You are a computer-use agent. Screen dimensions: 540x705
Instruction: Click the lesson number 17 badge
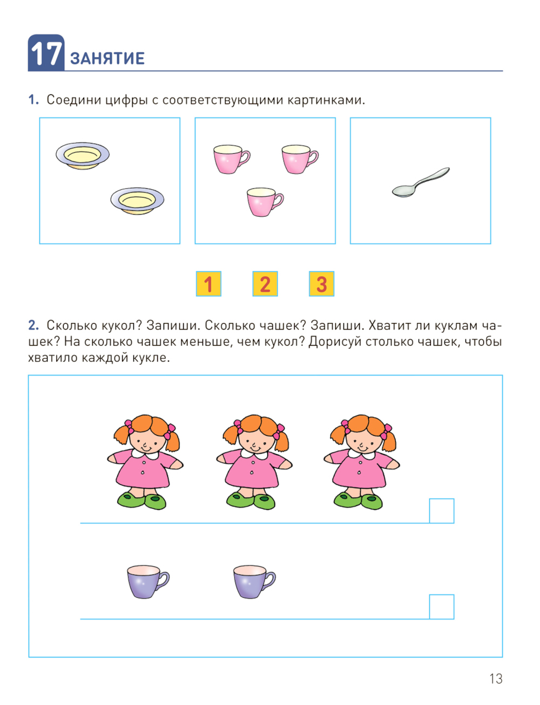(x=46, y=53)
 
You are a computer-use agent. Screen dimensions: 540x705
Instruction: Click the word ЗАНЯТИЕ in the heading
(x=107, y=58)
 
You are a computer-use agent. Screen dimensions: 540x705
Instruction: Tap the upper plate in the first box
(x=83, y=156)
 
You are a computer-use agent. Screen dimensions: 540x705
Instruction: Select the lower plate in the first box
(x=137, y=201)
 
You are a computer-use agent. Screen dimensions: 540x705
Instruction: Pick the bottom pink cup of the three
(x=265, y=202)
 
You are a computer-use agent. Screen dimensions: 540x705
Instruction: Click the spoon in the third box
(x=421, y=182)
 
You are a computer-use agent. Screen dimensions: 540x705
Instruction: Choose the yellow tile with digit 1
(x=208, y=284)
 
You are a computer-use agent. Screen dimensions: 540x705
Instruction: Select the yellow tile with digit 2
(x=265, y=284)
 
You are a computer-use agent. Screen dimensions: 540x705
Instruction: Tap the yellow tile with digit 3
(x=322, y=284)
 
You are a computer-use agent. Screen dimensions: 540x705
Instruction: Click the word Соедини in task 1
(x=74, y=100)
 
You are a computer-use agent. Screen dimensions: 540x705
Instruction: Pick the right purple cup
(x=254, y=581)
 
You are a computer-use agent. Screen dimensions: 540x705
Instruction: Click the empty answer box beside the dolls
(x=442, y=511)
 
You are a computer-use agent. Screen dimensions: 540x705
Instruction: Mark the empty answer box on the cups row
(x=442, y=607)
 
